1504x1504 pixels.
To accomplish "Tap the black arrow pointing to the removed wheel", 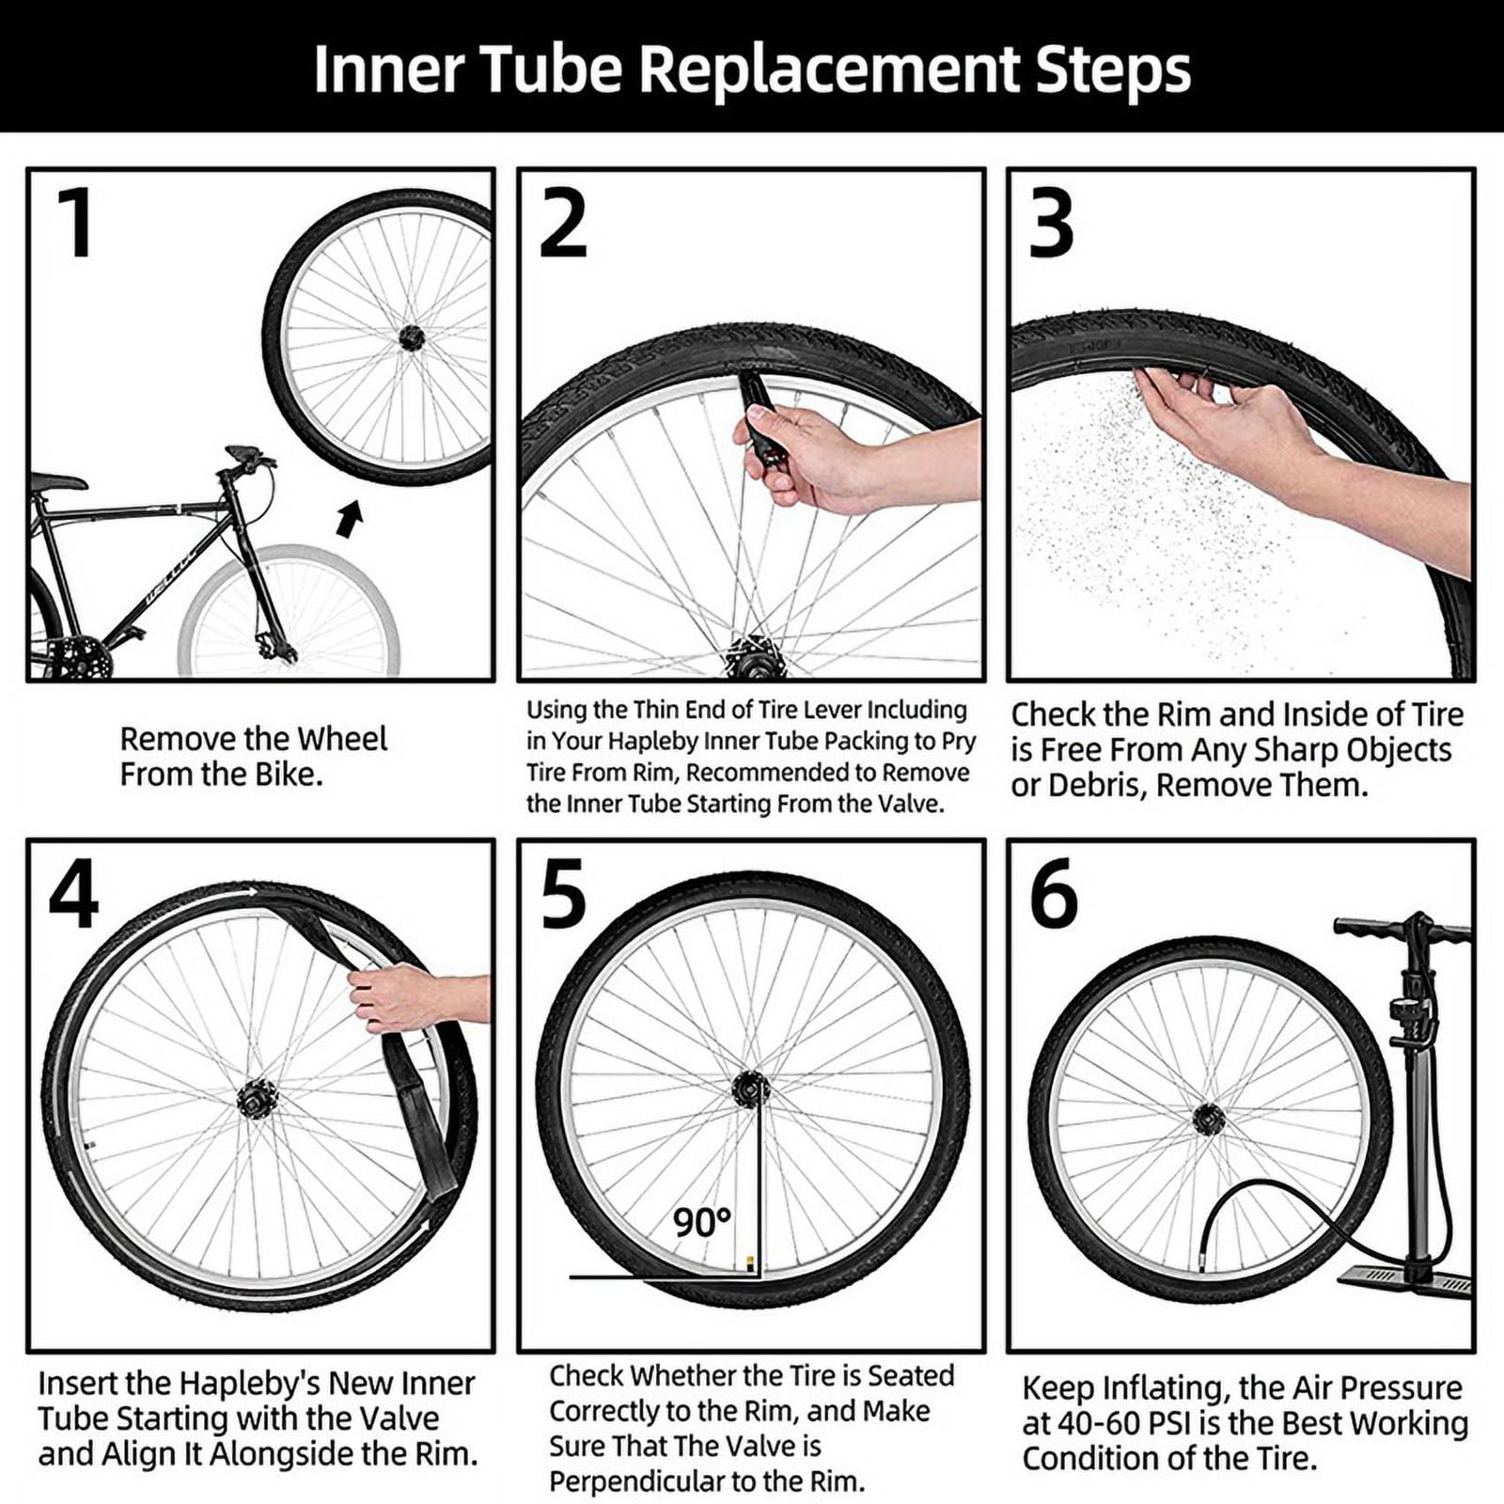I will [350, 518].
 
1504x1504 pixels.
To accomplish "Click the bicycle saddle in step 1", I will [58, 483].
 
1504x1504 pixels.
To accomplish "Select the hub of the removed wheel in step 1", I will [411, 337].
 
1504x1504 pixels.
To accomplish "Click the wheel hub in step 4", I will [257, 1098].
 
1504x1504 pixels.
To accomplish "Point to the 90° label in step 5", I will [701, 1222].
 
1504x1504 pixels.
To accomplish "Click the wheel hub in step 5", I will [750, 1089].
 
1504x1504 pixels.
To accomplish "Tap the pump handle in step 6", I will [1401, 931].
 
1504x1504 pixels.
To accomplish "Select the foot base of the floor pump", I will [1405, 1278].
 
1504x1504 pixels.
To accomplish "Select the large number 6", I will [1053, 894].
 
